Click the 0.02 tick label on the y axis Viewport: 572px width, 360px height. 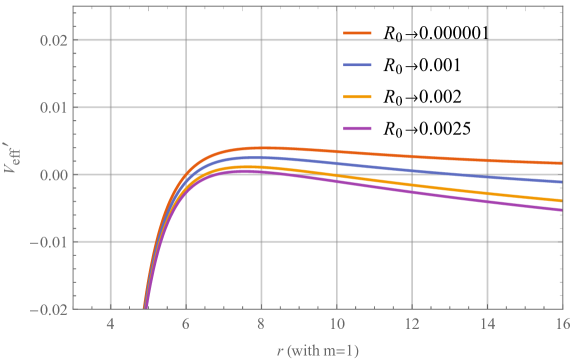[x=51, y=41]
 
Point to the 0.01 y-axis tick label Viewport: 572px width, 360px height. [x=51, y=108]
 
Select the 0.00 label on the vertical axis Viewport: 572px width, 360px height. [x=51, y=175]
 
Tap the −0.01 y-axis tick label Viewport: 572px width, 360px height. [x=48, y=242]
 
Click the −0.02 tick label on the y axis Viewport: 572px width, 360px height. [x=48, y=309]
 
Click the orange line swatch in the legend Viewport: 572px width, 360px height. [x=358, y=34]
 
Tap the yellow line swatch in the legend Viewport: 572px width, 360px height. [x=358, y=97]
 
